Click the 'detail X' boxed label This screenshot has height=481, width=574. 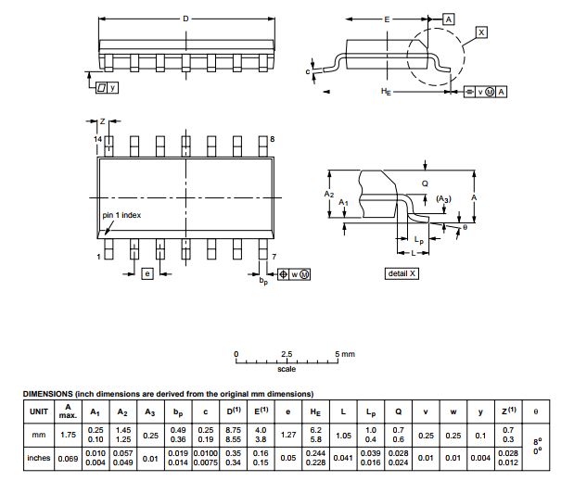pos(402,273)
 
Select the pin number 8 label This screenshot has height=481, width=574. pos(273,138)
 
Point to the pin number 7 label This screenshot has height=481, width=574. pos(274,256)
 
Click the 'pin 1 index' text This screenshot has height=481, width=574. pos(122,215)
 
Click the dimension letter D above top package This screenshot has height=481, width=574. pos(186,19)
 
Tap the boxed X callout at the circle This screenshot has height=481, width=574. pos(480,32)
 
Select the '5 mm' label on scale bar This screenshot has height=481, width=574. pos(344,355)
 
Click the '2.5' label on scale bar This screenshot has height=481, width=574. pos(287,355)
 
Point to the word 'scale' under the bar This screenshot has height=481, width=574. pos(287,369)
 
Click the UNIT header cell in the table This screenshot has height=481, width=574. pos(38,411)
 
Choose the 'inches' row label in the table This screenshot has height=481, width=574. pos(38,457)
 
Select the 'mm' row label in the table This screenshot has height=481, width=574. pos(38,434)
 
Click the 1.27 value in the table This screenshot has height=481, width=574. pos(287,434)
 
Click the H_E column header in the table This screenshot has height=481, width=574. pos(315,411)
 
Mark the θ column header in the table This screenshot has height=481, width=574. pos(535,411)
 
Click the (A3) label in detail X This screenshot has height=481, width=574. pos(443,199)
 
